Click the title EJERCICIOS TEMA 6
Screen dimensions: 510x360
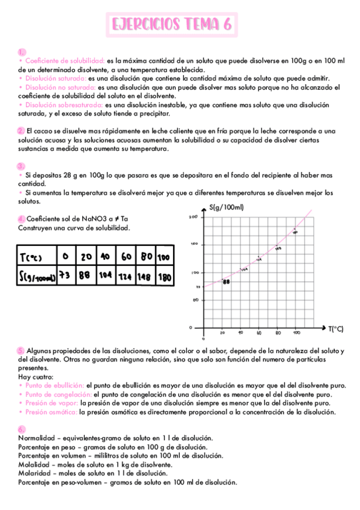172,25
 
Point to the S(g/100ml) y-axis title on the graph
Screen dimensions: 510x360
227,207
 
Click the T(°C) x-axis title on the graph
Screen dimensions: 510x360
336,328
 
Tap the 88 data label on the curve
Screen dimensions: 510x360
226,281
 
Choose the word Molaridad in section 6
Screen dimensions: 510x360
34,473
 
